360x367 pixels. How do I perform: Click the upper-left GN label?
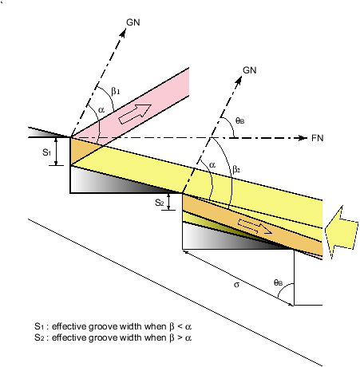pos(133,22)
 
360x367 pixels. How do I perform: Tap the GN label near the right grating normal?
pos(250,70)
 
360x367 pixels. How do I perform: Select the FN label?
pos(318,138)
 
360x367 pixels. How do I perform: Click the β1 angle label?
pos(116,91)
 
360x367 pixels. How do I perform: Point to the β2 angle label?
pos(236,169)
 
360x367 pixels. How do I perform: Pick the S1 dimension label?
pos(46,152)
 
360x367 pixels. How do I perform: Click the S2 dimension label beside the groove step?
pos(160,203)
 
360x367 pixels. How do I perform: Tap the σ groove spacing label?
pos(236,285)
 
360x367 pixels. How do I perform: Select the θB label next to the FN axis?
pos(240,121)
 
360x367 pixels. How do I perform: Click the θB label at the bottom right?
pos(278,282)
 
